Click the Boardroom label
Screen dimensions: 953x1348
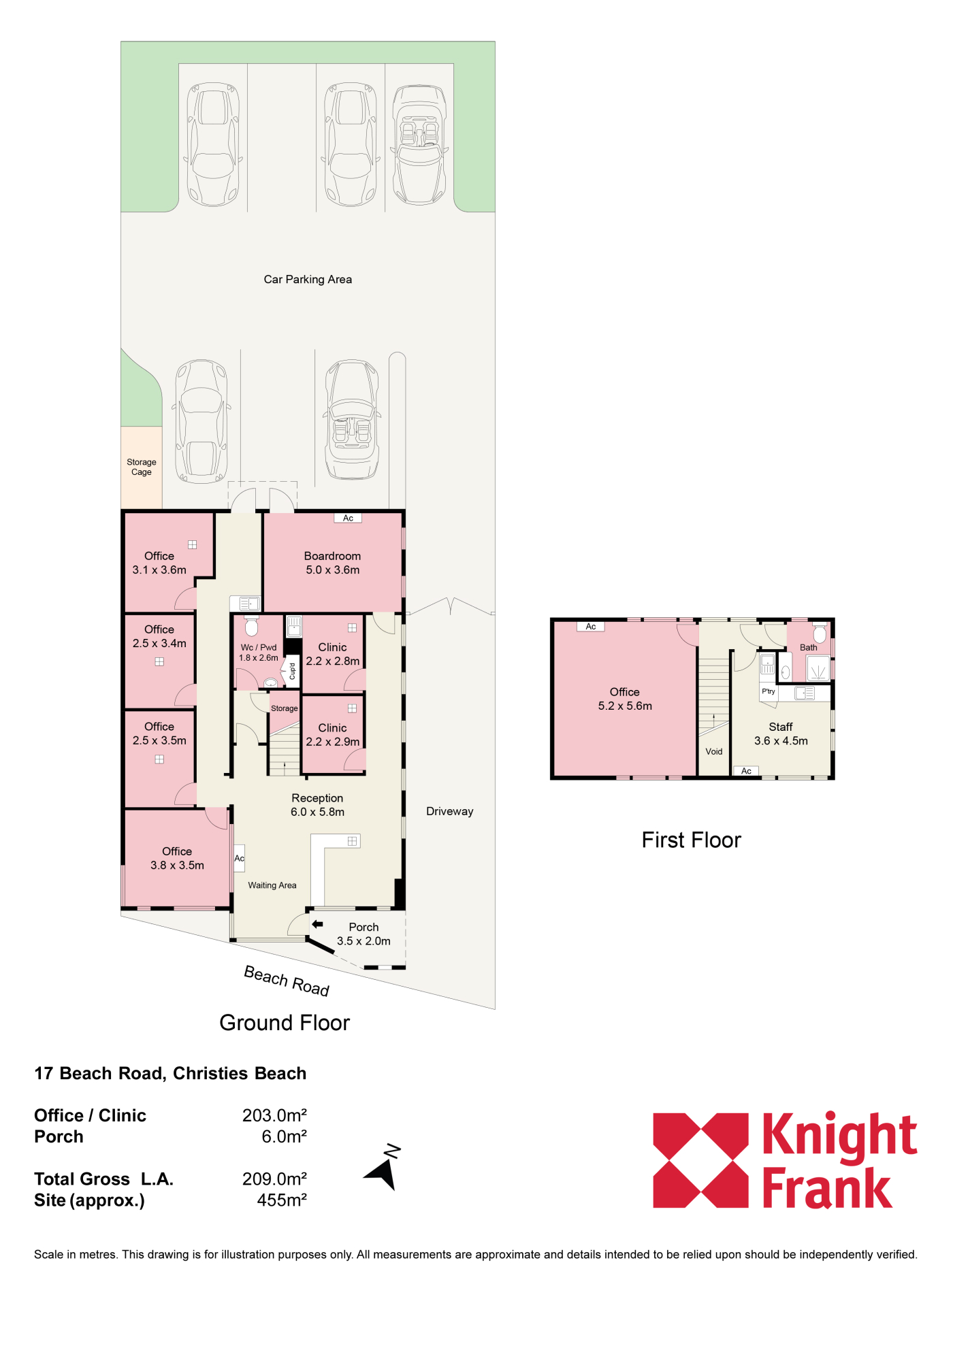click(x=332, y=556)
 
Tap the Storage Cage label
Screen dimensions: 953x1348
click(x=142, y=467)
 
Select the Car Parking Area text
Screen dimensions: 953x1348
click(x=308, y=279)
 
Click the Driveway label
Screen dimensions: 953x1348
click(x=449, y=811)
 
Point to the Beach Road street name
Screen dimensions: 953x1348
click(x=287, y=981)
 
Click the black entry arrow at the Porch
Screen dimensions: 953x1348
click(x=317, y=924)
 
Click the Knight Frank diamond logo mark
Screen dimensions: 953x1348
click(x=700, y=1160)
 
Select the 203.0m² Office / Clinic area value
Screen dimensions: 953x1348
click(x=274, y=1115)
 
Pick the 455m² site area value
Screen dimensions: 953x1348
click(x=282, y=1200)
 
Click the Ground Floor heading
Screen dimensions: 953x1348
click(x=285, y=1023)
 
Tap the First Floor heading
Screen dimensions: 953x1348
click(x=691, y=840)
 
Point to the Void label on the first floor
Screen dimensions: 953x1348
click(x=714, y=751)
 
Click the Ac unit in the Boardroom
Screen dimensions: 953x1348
click(x=348, y=518)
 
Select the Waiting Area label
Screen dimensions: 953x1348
click(x=272, y=885)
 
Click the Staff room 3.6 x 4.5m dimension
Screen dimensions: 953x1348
click(x=781, y=741)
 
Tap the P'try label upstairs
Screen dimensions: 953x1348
click(x=769, y=691)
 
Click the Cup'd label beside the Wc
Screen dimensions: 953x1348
click(x=292, y=671)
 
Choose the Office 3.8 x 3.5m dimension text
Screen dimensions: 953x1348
click(x=177, y=866)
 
